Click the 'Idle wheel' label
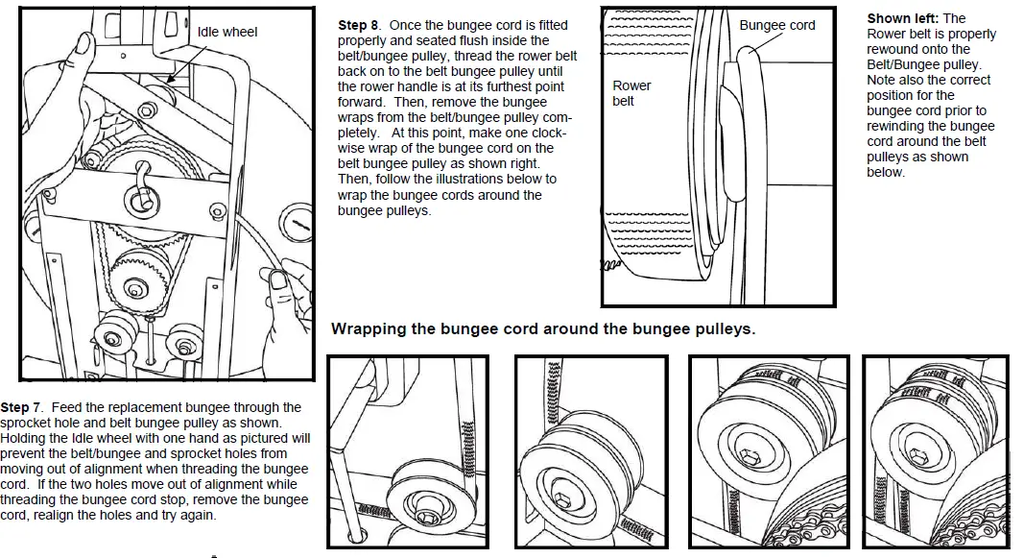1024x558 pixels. coord(226,32)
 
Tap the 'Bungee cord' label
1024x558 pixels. coord(776,25)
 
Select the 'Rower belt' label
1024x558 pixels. coord(631,92)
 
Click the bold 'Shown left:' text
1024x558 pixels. coord(903,18)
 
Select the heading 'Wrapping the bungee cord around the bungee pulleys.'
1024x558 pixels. coord(543,329)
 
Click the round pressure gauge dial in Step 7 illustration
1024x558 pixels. coord(299,227)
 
